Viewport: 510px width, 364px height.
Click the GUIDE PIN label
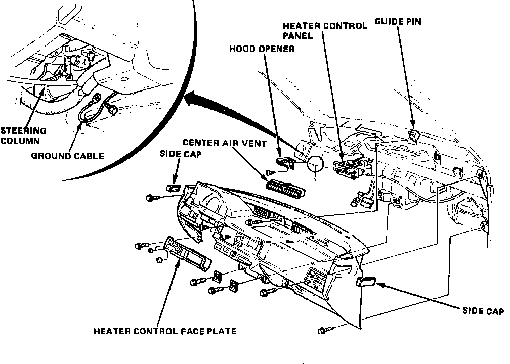click(398, 22)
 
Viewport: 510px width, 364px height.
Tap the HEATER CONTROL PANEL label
click(325, 31)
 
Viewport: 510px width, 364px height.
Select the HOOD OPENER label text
click(262, 49)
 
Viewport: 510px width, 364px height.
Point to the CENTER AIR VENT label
click(225, 144)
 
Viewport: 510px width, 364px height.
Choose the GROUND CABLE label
click(67, 156)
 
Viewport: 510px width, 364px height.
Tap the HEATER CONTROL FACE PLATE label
click(165, 332)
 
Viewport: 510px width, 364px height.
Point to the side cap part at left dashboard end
click(174, 188)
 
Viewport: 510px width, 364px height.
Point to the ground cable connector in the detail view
click(110, 108)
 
